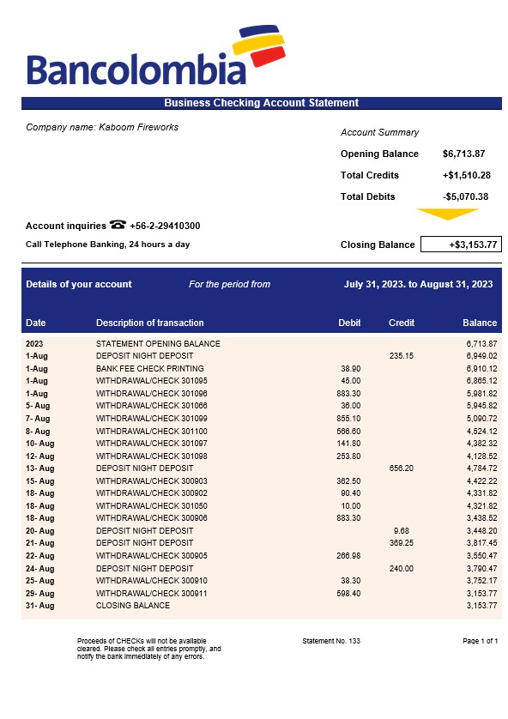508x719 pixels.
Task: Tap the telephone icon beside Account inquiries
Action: tap(118, 225)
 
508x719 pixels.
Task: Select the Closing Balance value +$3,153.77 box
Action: tap(460, 245)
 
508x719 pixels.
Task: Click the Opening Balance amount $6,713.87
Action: tap(464, 154)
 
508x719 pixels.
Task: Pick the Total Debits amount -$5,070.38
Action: tap(466, 196)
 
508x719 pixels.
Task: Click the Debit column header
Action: tap(349, 323)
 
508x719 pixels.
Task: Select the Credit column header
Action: tap(402, 323)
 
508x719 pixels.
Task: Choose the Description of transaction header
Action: tap(149, 323)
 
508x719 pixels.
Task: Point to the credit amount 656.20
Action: tap(401, 468)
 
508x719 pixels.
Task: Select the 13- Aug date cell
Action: tap(39, 468)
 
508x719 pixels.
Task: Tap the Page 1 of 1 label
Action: tap(480, 641)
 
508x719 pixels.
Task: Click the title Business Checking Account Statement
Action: tap(261, 103)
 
